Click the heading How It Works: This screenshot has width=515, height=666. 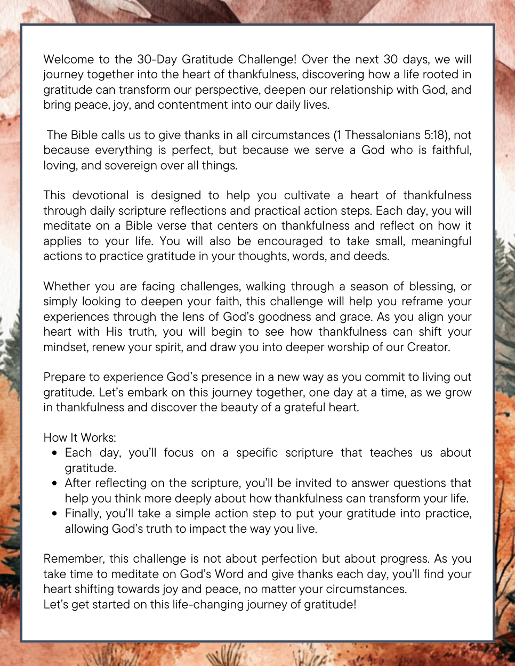click(x=79, y=437)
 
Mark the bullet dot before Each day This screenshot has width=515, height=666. click(x=55, y=453)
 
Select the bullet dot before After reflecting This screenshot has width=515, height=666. click(x=55, y=483)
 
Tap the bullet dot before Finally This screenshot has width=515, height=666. click(x=55, y=514)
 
